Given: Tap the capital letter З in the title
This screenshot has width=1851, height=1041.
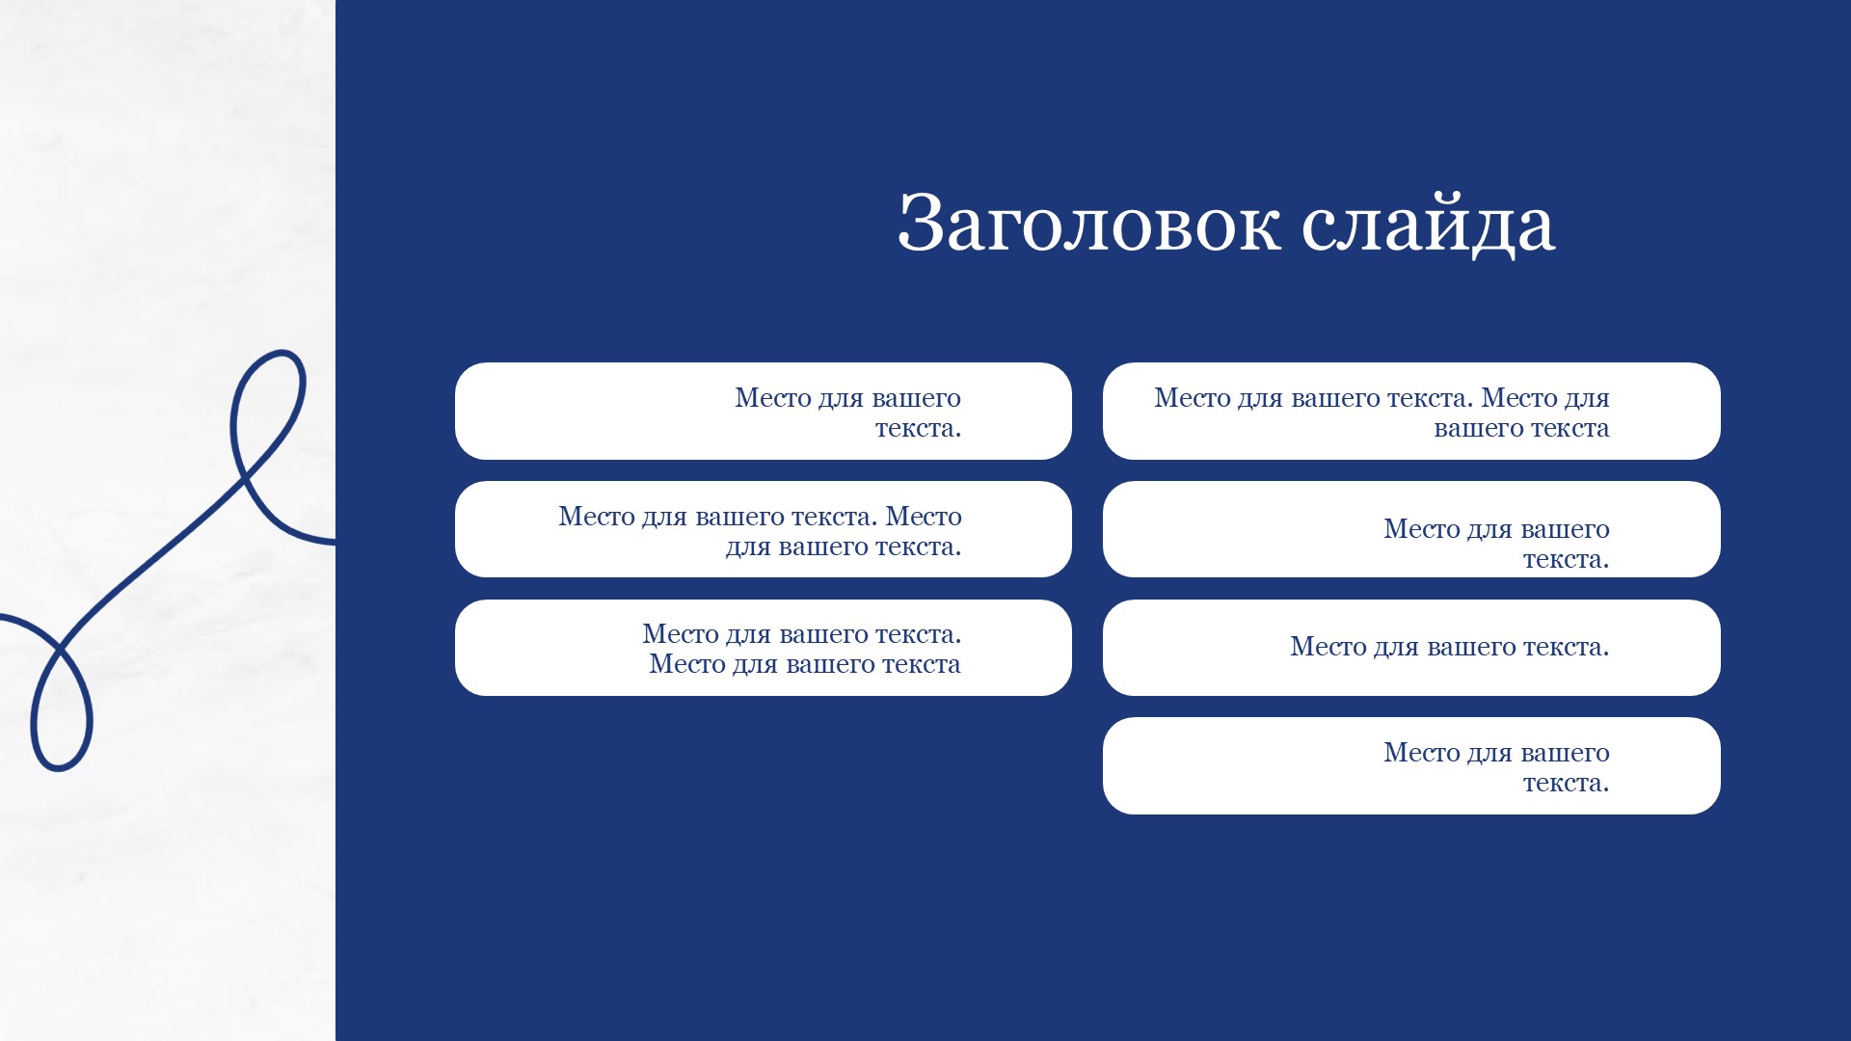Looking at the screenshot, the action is (920, 222).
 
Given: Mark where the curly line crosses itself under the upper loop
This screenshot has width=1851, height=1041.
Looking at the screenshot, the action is (245, 474).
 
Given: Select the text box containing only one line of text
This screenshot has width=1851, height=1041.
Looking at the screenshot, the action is (1411, 648).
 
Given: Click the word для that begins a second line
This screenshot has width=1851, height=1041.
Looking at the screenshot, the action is (748, 547).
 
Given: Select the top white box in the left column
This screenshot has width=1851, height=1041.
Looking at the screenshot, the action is (764, 411).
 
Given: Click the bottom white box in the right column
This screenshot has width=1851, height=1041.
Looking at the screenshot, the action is (1411, 765).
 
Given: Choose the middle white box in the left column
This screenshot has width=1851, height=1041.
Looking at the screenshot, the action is (764, 529).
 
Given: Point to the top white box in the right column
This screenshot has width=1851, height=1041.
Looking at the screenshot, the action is (1411, 411).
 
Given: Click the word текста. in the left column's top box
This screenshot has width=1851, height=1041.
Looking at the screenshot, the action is (918, 428).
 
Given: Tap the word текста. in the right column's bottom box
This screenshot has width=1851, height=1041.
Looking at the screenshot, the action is (1566, 783).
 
